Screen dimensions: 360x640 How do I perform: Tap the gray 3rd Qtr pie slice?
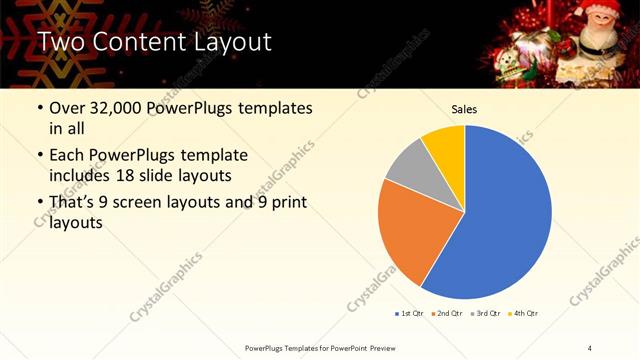408,170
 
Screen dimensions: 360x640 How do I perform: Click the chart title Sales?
464,109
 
